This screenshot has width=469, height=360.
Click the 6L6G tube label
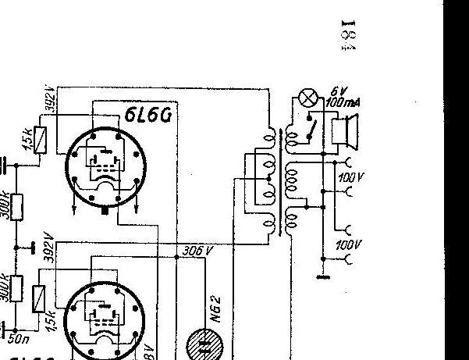point(147,115)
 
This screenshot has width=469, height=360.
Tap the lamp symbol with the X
point(310,99)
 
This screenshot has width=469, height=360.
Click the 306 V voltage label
point(195,251)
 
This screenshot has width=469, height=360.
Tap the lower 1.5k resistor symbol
point(41,297)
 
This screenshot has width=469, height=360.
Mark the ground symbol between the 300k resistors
point(33,248)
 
